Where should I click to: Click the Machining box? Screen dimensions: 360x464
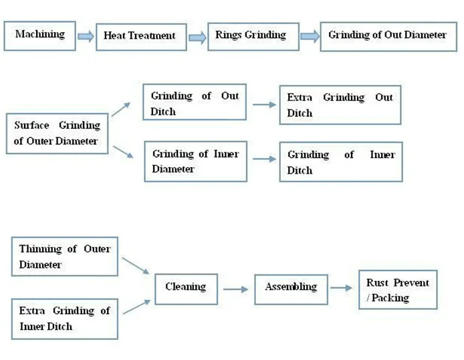click(39, 34)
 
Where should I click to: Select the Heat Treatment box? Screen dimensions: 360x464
click(139, 35)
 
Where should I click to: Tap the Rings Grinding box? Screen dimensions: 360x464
click(251, 35)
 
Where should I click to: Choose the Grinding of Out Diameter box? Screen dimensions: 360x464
click(387, 35)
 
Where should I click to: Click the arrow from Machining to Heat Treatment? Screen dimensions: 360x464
click(86, 36)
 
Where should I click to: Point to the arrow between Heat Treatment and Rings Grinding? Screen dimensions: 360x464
click(198, 36)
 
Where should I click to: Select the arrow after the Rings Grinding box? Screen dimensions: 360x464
click(309, 36)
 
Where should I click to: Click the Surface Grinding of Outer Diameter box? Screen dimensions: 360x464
click(57, 133)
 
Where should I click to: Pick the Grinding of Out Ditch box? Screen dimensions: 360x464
click(194, 104)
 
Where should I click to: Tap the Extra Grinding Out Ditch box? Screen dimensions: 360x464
click(340, 105)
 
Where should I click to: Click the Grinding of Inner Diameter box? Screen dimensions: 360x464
click(195, 161)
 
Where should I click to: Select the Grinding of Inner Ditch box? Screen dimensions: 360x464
click(341, 162)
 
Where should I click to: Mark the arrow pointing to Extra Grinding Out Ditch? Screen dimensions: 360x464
click(262, 104)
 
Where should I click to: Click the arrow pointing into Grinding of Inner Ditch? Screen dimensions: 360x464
click(262, 160)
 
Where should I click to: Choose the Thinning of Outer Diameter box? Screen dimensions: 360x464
click(64, 256)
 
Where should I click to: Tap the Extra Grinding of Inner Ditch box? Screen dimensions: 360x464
click(64, 318)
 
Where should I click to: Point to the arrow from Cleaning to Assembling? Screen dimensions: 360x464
click(235, 289)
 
